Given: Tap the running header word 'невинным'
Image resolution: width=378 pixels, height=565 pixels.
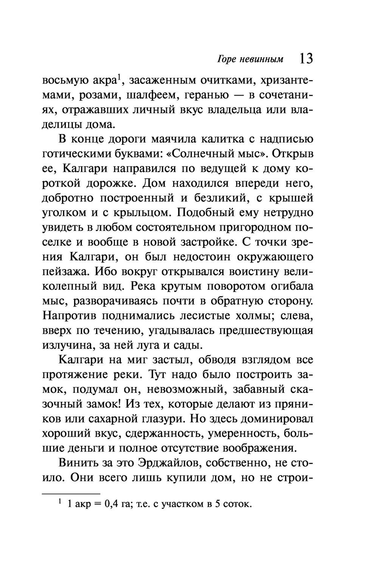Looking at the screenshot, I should (268, 60).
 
